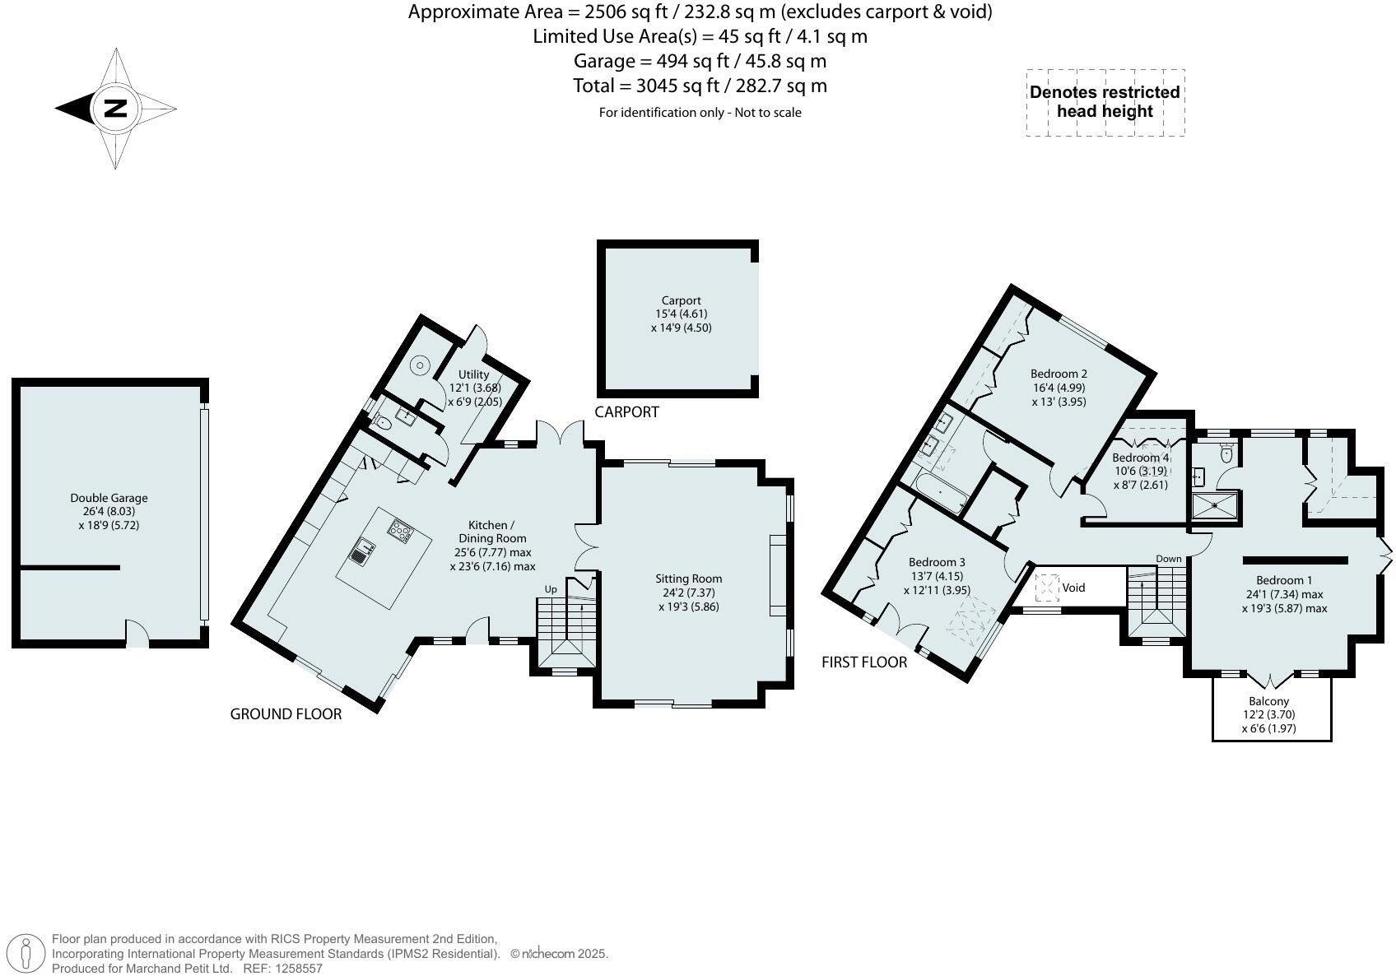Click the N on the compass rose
click(x=115, y=108)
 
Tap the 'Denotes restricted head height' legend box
click(x=1105, y=102)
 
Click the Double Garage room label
click(x=109, y=498)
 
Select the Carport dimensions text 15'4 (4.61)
click(x=681, y=314)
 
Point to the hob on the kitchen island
click(x=400, y=531)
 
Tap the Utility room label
click(x=473, y=374)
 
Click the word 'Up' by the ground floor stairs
click(x=551, y=589)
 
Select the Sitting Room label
click(x=688, y=579)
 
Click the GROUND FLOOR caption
click(x=286, y=714)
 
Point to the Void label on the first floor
click(x=1073, y=588)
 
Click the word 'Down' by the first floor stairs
click(x=1168, y=559)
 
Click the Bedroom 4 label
click(x=1140, y=458)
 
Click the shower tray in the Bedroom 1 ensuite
click(x=1215, y=506)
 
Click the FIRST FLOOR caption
click(x=864, y=662)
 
